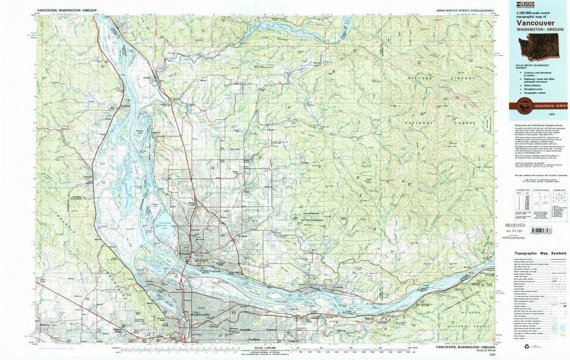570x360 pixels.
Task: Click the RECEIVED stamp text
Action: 515,224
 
